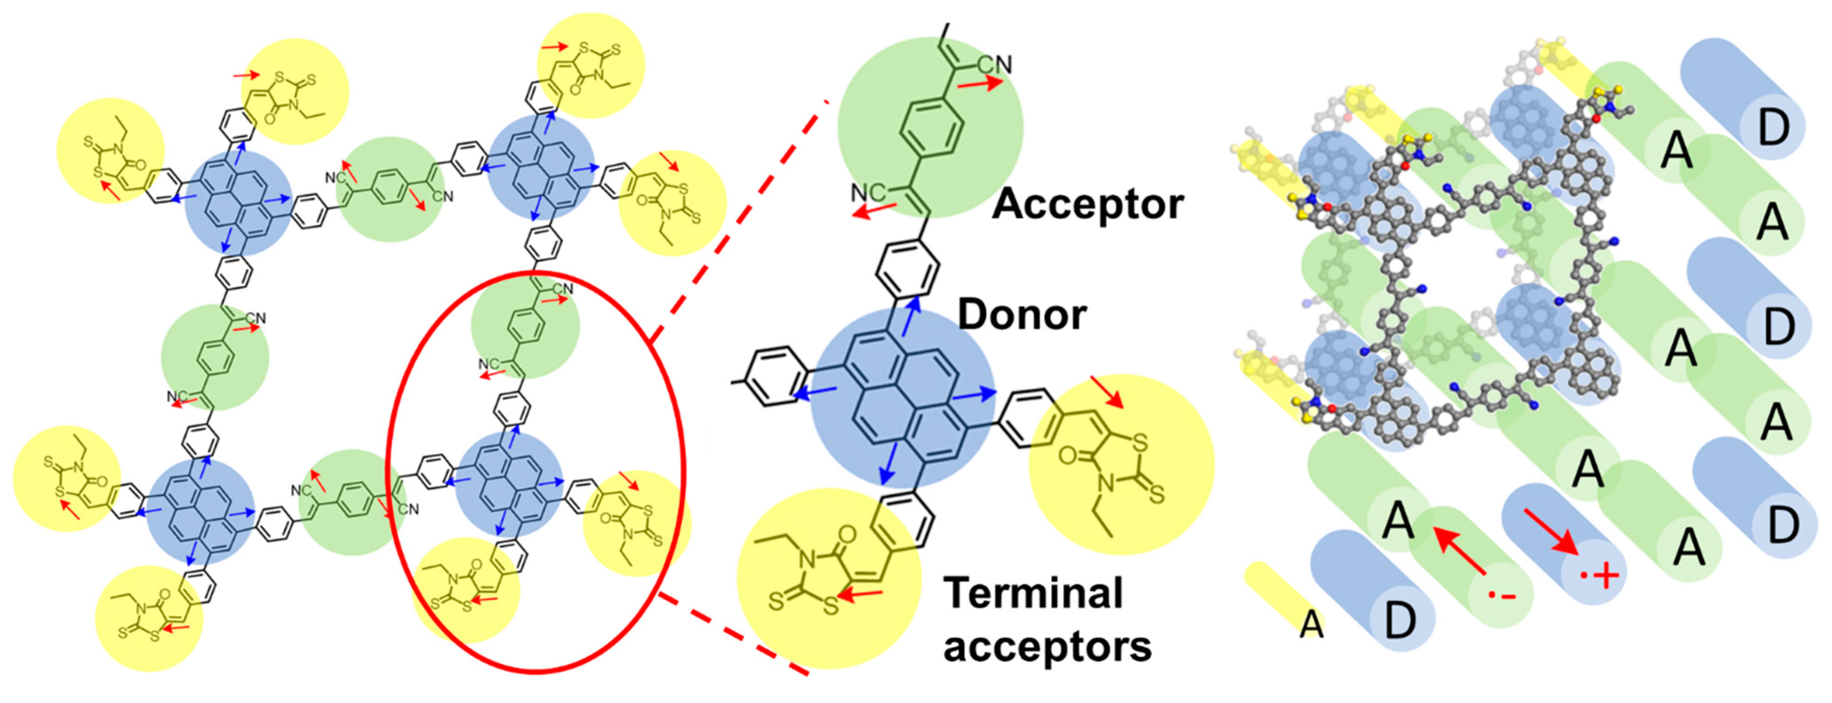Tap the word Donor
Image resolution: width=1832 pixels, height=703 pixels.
(x=1022, y=315)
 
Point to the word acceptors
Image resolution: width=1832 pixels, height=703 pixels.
(x=1047, y=647)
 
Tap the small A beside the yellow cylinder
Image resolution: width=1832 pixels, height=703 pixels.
(x=1312, y=625)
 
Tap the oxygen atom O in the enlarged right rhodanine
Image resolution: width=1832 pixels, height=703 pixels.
(x=1068, y=455)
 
